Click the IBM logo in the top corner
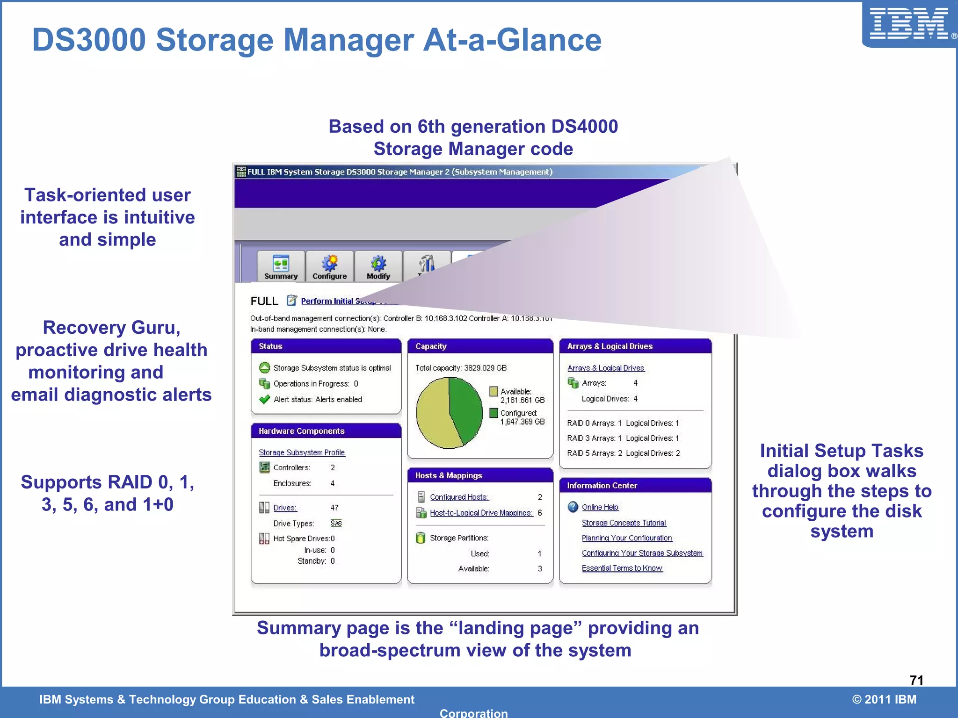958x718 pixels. pos(909,24)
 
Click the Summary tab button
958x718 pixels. pos(281,267)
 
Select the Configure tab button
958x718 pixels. pos(329,267)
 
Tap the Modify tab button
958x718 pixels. pos(378,267)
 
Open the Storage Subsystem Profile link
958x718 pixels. pos(302,452)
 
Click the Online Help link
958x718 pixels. pos(600,507)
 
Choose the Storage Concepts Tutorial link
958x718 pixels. pos(624,523)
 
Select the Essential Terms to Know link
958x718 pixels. pos(622,568)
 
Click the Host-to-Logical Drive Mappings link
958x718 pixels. pos(481,513)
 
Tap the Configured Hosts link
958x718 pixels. pos(459,497)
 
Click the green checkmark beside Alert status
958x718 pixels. pos(264,399)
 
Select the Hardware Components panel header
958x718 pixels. pos(326,431)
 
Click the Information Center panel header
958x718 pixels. pos(635,486)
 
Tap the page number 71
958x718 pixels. pos(916,680)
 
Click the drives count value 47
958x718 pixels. pos(334,508)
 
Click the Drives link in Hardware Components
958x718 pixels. pos(284,508)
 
